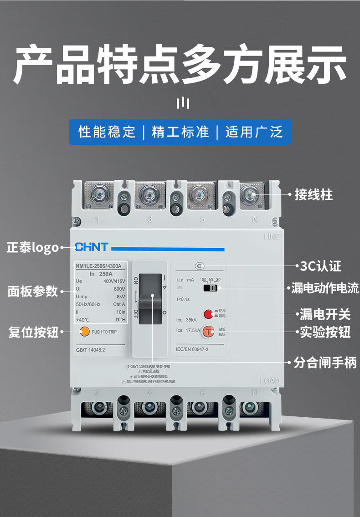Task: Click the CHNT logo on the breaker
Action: [92, 247]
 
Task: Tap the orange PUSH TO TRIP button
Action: [84, 332]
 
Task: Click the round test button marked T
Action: [208, 332]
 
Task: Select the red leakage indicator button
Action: [208, 313]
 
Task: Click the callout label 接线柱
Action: [314, 195]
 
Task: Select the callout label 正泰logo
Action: [33, 248]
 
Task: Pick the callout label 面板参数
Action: [33, 291]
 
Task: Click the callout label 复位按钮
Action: [33, 332]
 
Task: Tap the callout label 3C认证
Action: [321, 266]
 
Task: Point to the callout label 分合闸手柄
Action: [324, 363]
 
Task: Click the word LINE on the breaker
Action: [272, 236]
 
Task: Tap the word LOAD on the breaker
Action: [269, 381]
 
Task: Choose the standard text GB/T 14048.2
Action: [91, 350]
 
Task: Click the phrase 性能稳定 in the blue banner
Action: [107, 132]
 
